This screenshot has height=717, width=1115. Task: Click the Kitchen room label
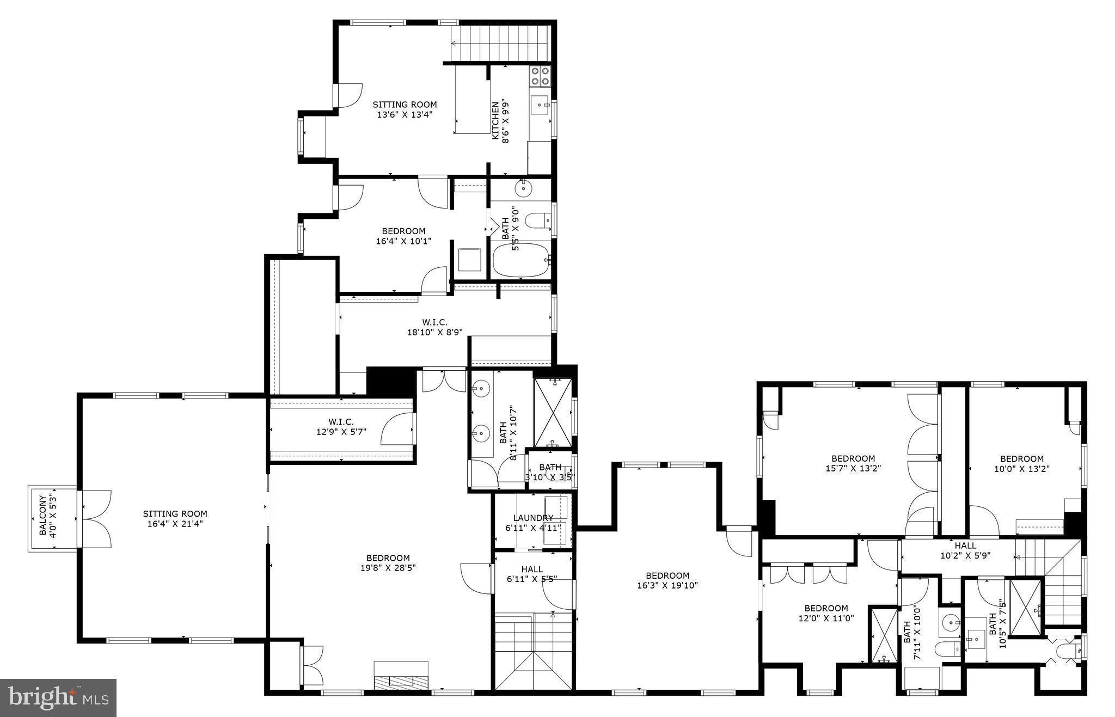(x=495, y=120)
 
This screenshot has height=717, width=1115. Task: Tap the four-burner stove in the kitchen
(x=540, y=76)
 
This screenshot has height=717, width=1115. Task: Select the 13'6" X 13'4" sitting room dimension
(x=405, y=115)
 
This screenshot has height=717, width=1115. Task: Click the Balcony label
(x=42, y=514)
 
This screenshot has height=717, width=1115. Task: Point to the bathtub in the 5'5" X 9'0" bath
(x=520, y=260)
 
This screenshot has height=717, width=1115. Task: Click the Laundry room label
(x=533, y=518)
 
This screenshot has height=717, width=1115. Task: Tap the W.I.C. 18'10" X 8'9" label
(x=434, y=327)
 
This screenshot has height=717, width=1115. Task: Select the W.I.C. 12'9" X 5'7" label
(x=341, y=427)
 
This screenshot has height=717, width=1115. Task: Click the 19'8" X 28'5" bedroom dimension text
(x=388, y=567)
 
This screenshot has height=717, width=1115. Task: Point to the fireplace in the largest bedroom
(x=401, y=676)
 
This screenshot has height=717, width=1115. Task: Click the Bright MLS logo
(x=58, y=697)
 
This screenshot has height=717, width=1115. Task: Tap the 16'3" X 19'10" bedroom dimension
(x=667, y=585)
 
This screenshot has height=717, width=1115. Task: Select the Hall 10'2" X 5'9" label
(x=965, y=550)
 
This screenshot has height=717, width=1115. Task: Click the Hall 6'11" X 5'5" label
(x=531, y=574)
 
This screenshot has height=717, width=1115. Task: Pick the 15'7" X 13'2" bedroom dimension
(x=853, y=468)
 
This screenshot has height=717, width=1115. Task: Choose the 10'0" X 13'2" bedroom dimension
(x=1022, y=468)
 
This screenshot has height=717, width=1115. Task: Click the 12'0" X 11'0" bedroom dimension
(x=826, y=618)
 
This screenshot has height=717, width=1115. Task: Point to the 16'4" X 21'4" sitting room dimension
(x=175, y=524)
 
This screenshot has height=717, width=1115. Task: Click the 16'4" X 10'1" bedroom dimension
(x=403, y=241)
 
